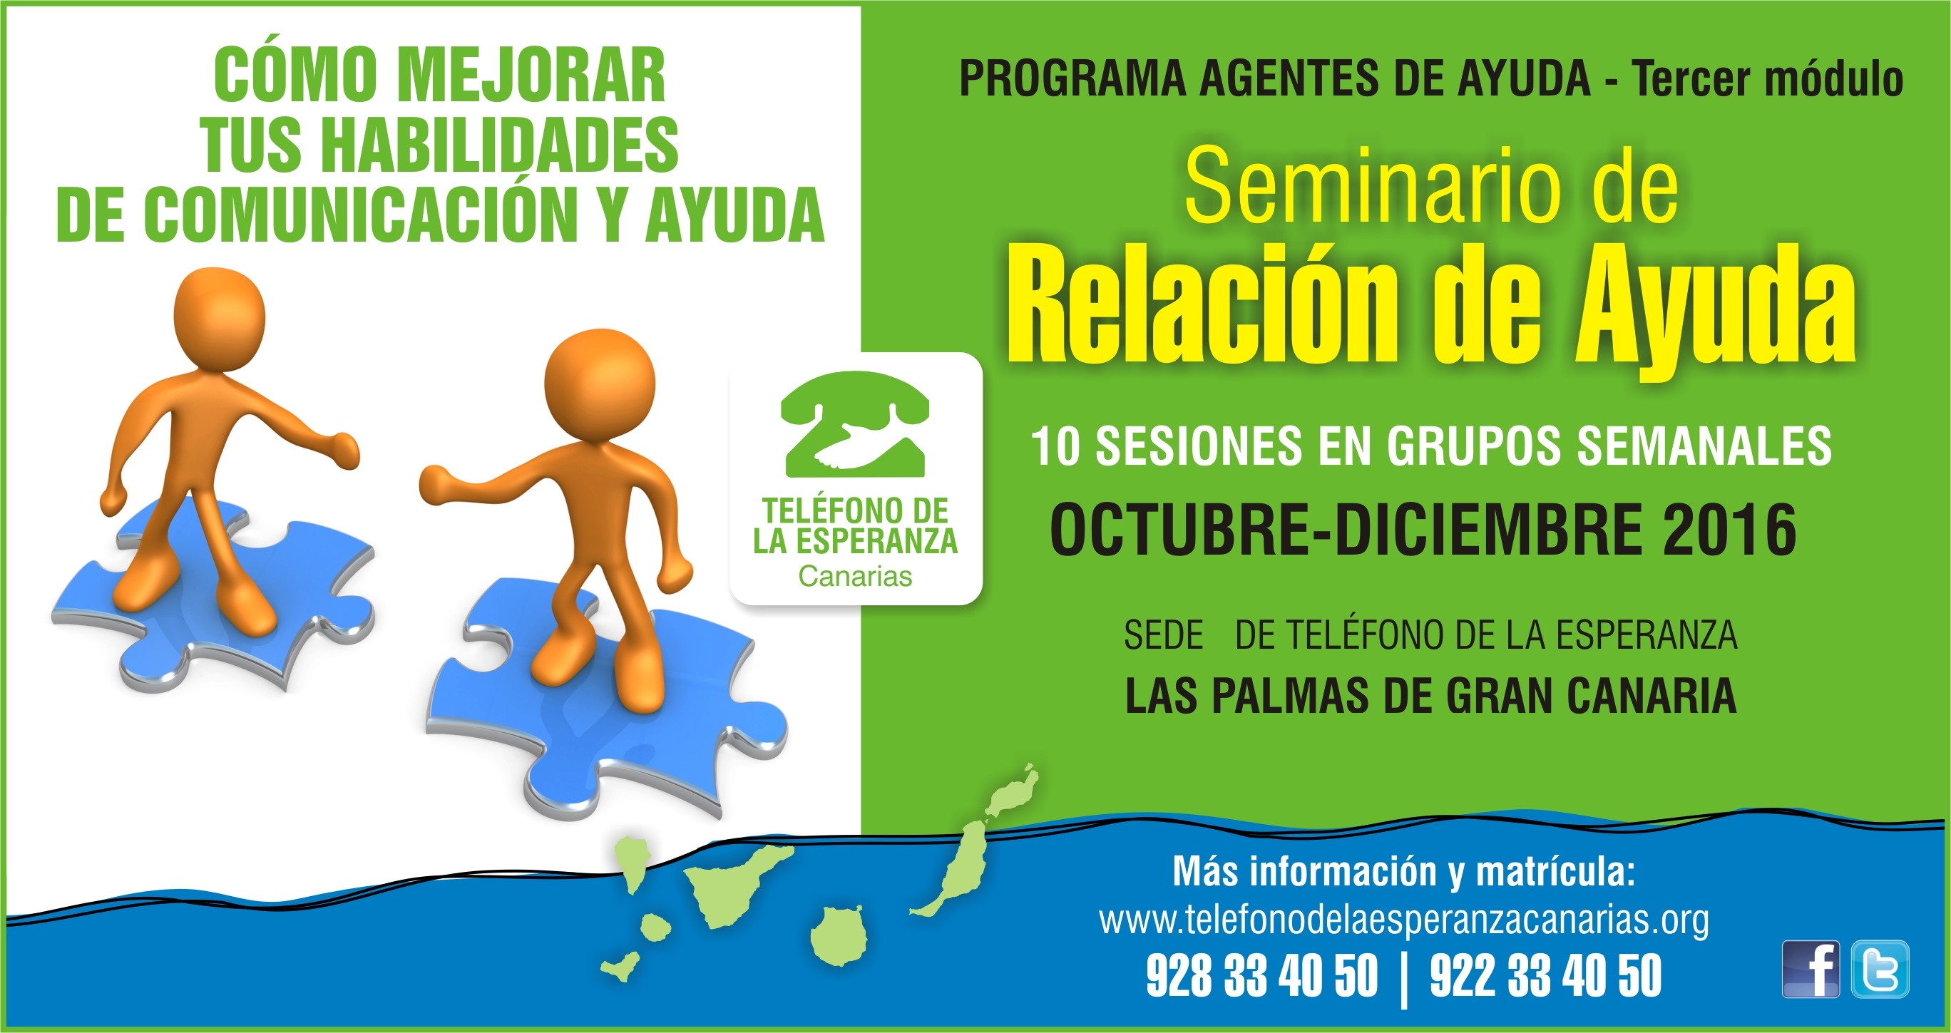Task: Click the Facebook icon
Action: pyautogui.click(x=1810, y=969)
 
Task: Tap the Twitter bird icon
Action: pyautogui.click(x=1880, y=969)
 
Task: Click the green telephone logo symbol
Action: pyautogui.click(x=855, y=424)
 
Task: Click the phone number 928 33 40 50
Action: pyautogui.click(x=1261, y=975)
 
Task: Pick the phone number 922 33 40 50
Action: pyautogui.click(x=1546, y=975)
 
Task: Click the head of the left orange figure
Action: pyautogui.click(x=220, y=319)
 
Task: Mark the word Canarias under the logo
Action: pyautogui.click(x=855, y=576)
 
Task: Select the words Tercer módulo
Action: pyautogui.click(x=1768, y=78)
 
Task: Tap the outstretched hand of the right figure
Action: pyautogui.click(x=437, y=483)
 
